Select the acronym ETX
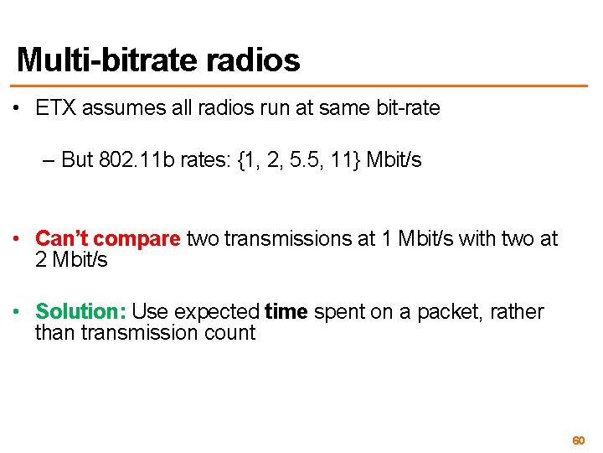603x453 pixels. click(x=55, y=108)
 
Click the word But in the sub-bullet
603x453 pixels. click(x=77, y=160)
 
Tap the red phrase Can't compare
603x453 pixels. click(x=107, y=239)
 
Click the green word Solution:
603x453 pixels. click(x=80, y=312)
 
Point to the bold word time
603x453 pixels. click(x=286, y=312)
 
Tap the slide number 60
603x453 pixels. click(x=577, y=440)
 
